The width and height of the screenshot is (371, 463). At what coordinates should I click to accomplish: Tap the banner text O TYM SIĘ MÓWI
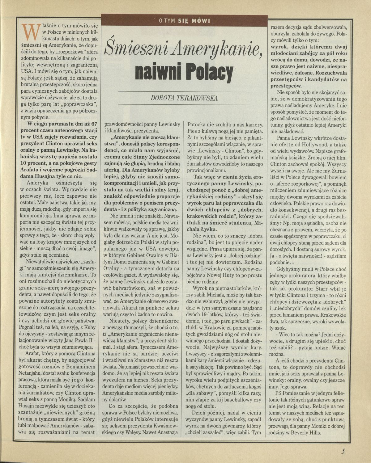click(x=184, y=21)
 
